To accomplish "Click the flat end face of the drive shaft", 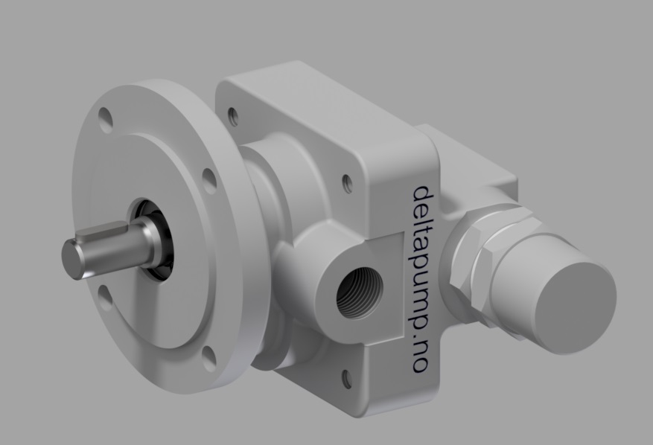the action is pyautogui.click(x=71, y=258).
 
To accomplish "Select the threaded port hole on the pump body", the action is pyautogui.click(x=357, y=293).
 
